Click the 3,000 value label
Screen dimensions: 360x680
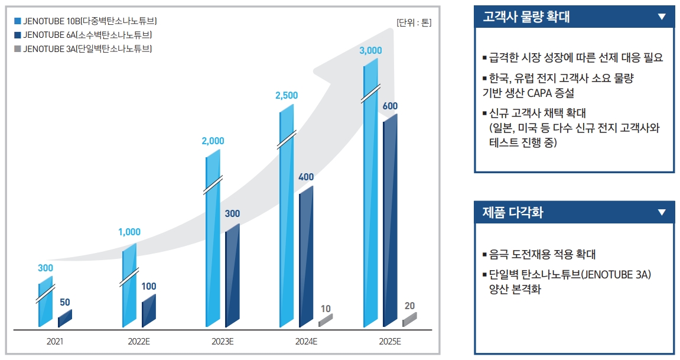point(370,50)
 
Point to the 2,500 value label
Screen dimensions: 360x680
point(287,95)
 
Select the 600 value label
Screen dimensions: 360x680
point(390,106)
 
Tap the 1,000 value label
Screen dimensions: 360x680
point(129,232)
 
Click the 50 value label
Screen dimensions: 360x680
point(65,303)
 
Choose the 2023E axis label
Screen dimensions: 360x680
point(223,342)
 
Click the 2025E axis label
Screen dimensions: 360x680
point(390,342)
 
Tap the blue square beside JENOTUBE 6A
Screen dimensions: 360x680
point(17,35)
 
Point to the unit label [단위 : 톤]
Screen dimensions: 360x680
point(414,23)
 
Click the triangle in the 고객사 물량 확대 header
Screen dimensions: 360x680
point(662,17)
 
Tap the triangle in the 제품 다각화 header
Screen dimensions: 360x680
point(662,212)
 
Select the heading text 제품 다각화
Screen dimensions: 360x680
point(513,213)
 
